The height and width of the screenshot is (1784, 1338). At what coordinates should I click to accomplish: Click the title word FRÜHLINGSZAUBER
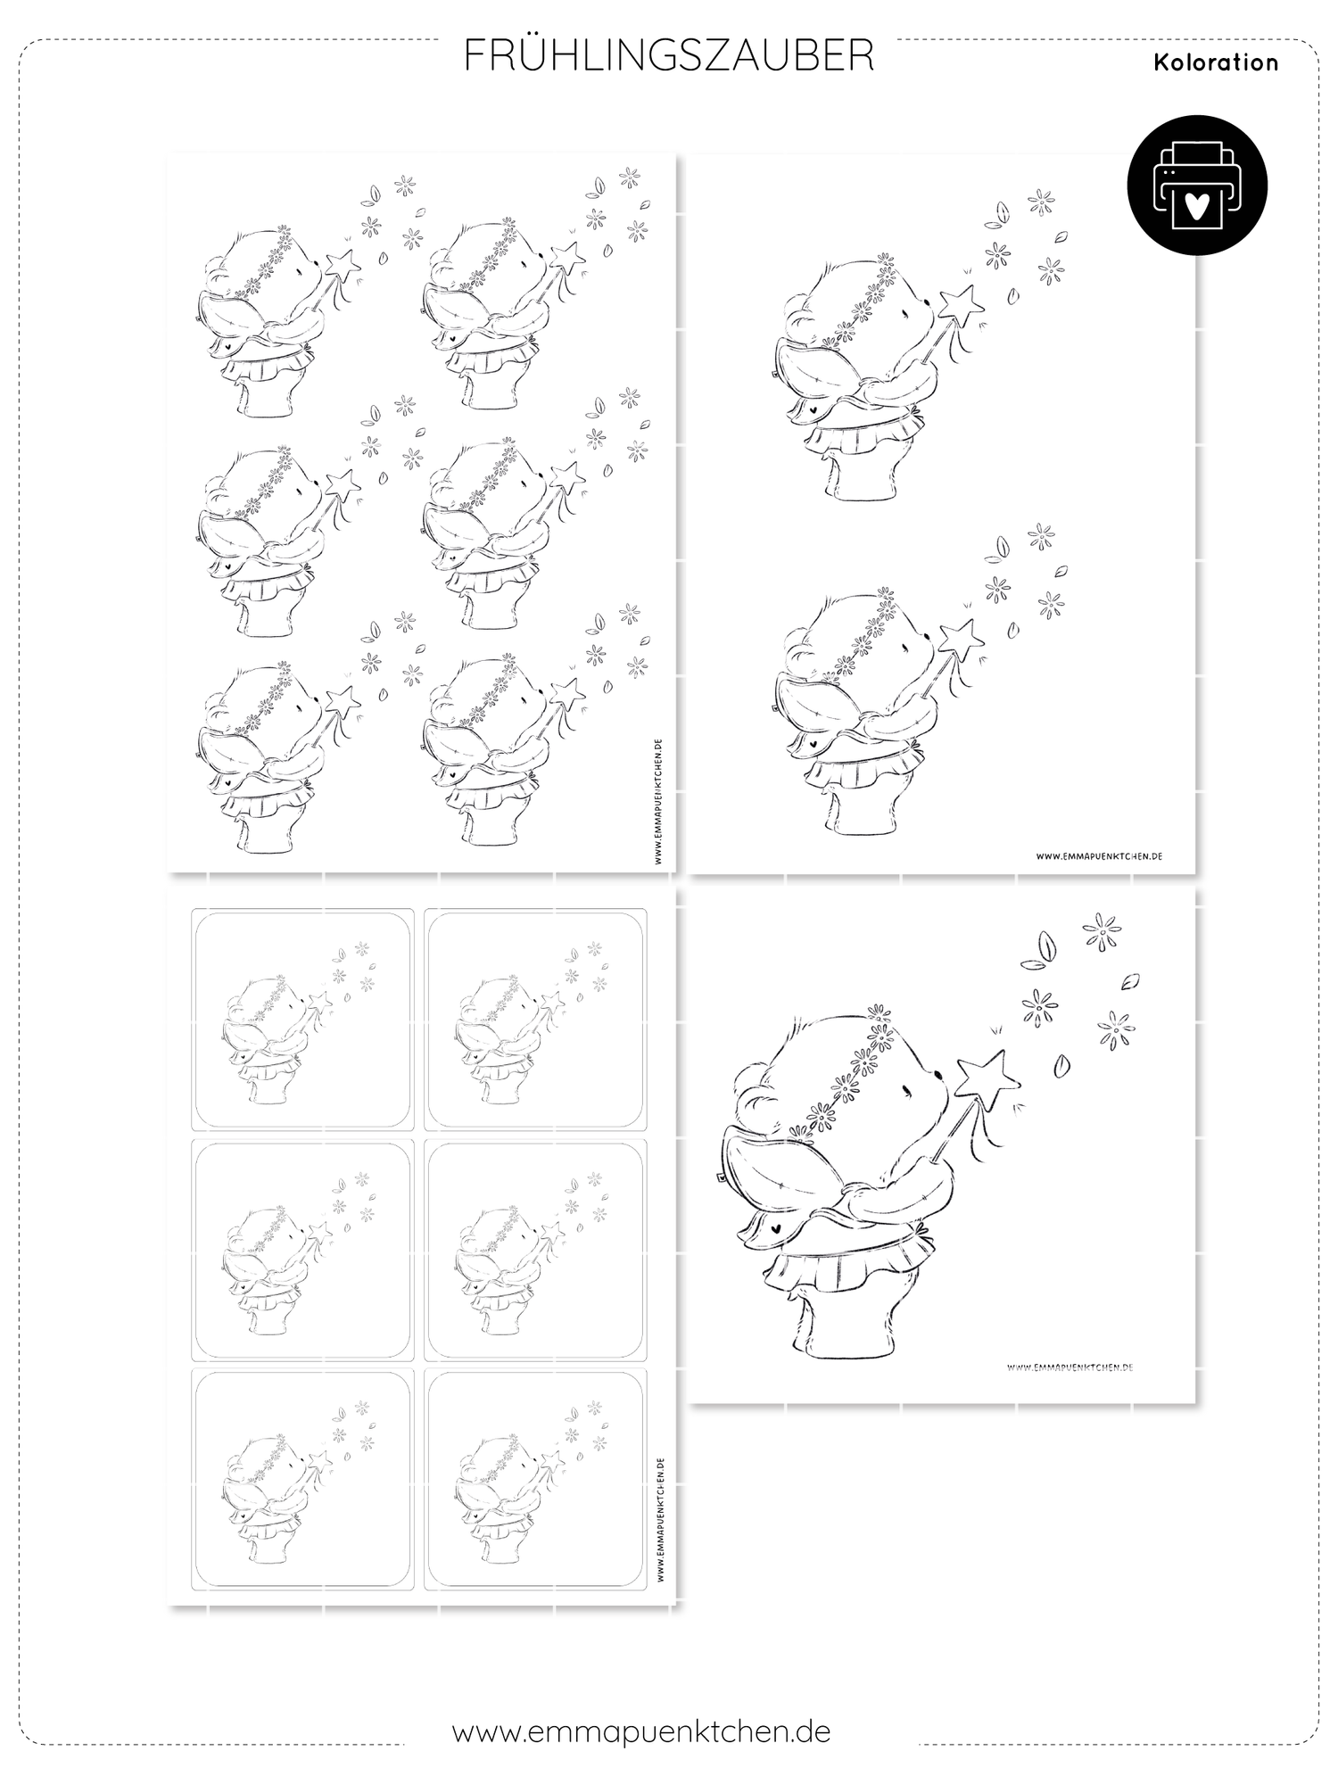click(x=669, y=55)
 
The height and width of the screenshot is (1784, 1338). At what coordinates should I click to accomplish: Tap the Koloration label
click(x=1216, y=62)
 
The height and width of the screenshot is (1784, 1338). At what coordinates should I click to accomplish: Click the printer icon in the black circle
click(x=1197, y=186)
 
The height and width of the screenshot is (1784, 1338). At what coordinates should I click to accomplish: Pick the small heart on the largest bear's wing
click(x=774, y=1227)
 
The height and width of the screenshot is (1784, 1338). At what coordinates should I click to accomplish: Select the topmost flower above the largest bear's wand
click(x=1102, y=932)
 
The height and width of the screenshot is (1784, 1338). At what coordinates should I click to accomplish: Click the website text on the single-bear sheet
click(x=1070, y=1367)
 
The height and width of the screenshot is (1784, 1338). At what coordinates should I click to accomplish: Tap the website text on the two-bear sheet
click(x=1099, y=855)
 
